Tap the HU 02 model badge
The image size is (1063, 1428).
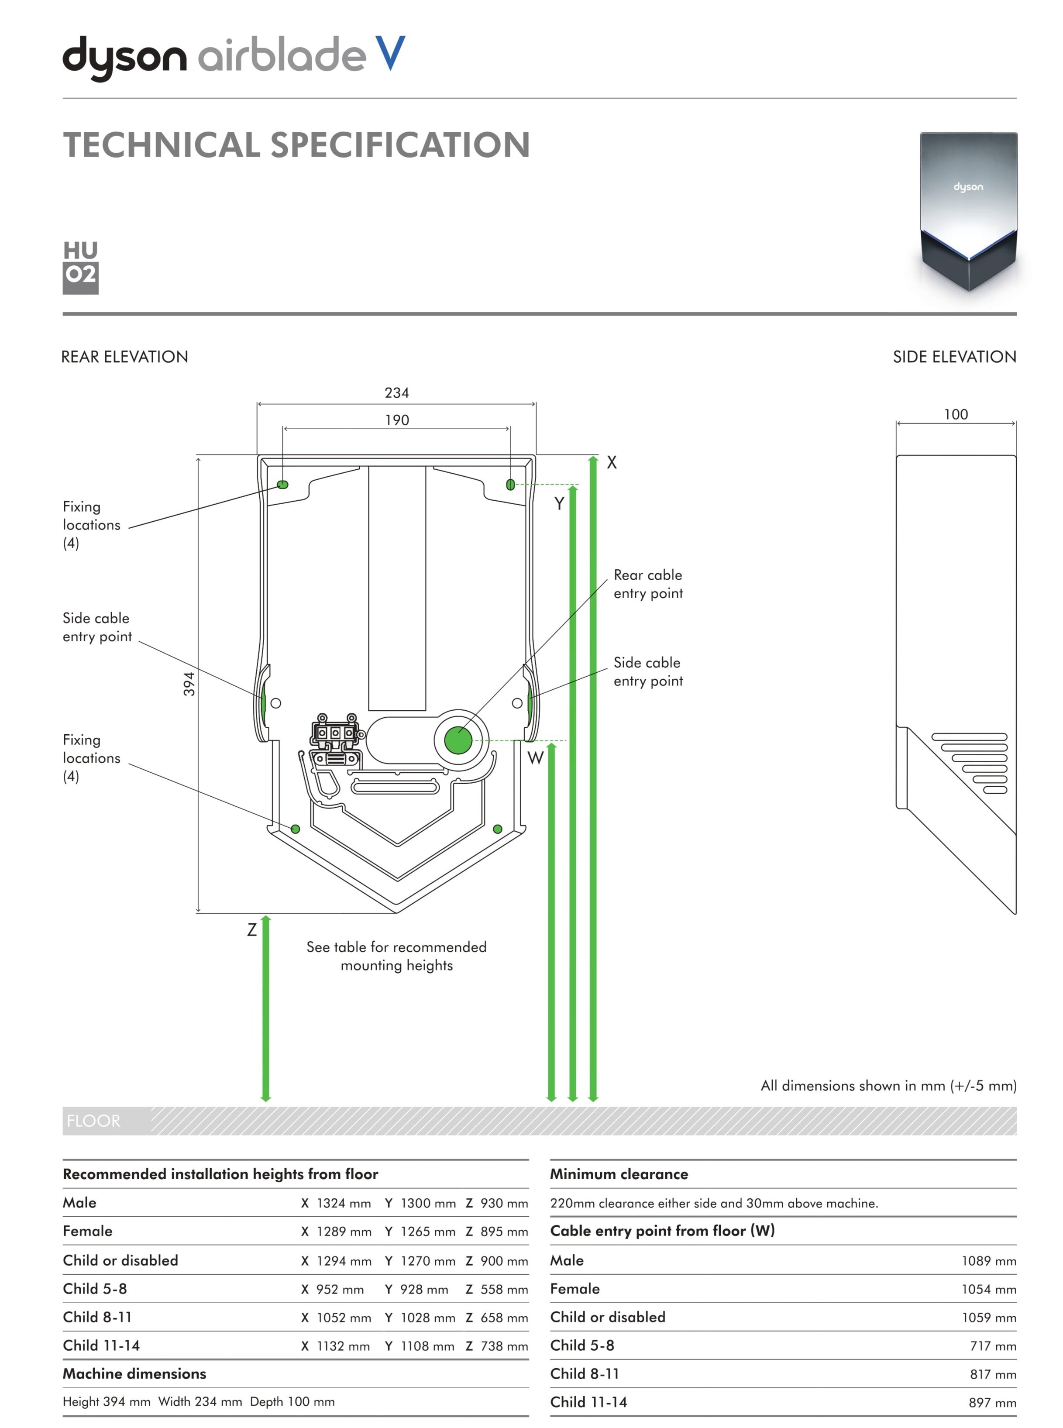click(x=80, y=266)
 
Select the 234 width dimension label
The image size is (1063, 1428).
click(x=396, y=392)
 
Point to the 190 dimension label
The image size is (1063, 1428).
click(x=396, y=420)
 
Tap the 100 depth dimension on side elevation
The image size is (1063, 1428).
click(x=956, y=414)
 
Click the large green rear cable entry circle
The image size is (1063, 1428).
click(x=458, y=740)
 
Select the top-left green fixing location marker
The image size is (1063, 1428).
click(x=282, y=485)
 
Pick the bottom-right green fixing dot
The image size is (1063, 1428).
click(x=497, y=829)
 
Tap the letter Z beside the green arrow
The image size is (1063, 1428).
click(x=251, y=930)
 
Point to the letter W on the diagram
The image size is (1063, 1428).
click(x=535, y=758)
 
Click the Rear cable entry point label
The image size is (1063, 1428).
click(x=648, y=584)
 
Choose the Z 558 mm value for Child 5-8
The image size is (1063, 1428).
click(x=497, y=1289)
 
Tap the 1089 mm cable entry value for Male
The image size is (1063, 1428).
click(x=988, y=1261)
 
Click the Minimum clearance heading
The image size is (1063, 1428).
click(x=619, y=1174)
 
